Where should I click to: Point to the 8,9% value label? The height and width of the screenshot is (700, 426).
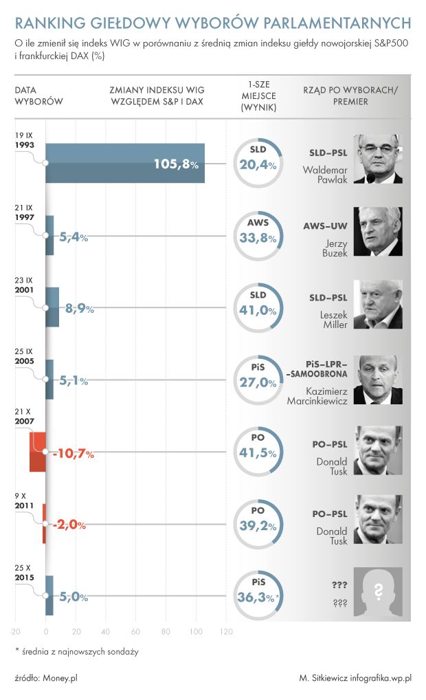pyautogui.click(x=79, y=309)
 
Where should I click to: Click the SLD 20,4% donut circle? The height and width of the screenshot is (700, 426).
pyautogui.click(x=258, y=164)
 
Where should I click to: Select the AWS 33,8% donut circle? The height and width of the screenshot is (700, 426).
pyautogui.click(x=258, y=236)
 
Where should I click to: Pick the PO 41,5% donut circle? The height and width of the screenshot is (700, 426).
pyautogui.click(x=258, y=452)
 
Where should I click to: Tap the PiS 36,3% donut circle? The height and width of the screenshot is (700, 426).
pyautogui.click(x=258, y=596)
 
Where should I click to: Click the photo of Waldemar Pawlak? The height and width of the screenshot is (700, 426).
pyautogui.click(x=377, y=159)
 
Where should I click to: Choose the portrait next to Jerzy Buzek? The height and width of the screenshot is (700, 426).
pyautogui.click(x=377, y=231)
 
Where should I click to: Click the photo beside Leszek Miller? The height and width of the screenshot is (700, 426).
pyautogui.click(x=377, y=304)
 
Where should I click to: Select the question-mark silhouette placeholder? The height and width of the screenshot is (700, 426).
pyautogui.click(x=377, y=591)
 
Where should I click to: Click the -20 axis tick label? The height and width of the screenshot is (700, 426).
pyautogui.click(x=14, y=631)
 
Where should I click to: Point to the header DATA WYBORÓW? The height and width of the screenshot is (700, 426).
pyautogui.click(x=38, y=96)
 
